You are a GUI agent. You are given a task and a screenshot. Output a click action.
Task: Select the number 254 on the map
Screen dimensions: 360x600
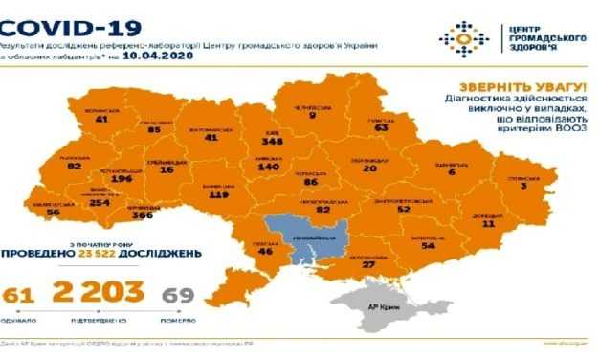99,204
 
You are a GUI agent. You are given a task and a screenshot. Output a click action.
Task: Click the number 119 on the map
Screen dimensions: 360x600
217,194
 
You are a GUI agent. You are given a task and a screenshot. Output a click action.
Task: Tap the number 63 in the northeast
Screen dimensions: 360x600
382,127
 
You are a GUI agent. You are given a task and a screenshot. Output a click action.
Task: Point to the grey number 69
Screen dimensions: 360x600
174,292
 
